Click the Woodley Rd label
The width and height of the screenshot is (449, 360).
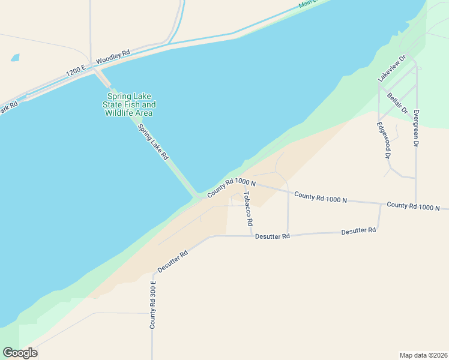113,57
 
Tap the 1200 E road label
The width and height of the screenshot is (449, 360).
77,70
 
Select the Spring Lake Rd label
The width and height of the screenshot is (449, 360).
152,142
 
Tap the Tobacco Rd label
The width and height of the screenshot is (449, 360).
248,208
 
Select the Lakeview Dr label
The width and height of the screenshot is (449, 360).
392,69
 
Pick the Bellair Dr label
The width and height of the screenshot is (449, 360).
397,103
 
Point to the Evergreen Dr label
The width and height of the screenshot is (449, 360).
416,128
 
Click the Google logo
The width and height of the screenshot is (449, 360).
20,353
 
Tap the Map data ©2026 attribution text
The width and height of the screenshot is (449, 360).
423,355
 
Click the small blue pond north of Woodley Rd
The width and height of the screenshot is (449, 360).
14,58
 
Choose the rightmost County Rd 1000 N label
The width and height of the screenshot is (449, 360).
414,206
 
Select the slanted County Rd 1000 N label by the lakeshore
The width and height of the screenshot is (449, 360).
232,188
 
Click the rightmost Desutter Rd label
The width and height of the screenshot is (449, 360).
358,231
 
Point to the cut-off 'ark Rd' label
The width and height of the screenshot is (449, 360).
8,109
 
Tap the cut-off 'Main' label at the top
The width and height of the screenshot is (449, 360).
308,4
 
